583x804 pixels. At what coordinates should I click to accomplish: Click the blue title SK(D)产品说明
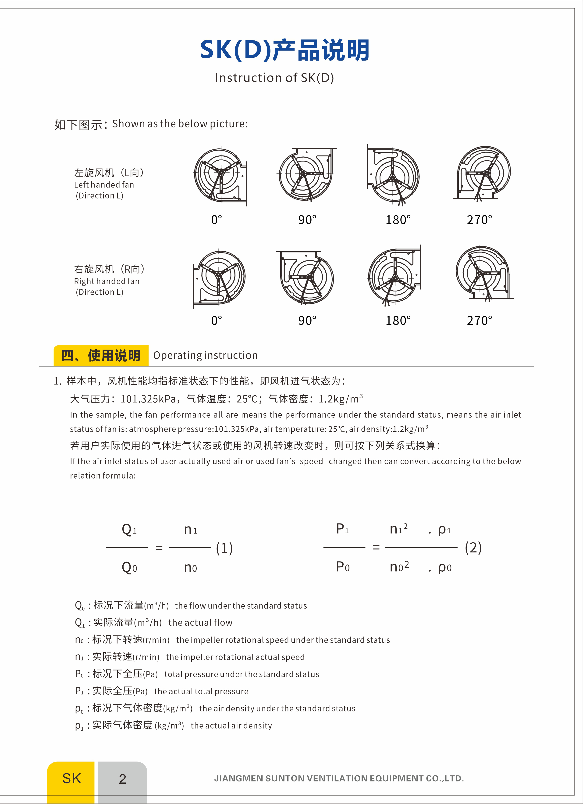point(285,50)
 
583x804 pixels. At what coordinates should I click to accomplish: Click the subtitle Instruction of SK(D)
point(274,78)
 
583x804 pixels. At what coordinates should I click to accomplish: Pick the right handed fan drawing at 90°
point(305,277)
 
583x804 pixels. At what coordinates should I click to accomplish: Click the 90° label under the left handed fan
point(307,220)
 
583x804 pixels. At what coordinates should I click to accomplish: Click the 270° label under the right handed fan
point(479,321)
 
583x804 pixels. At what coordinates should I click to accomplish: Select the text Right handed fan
point(107,281)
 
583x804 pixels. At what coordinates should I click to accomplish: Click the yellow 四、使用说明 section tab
point(101,355)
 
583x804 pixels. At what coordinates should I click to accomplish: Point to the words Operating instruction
point(206,355)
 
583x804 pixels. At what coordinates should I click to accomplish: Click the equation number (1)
point(224,548)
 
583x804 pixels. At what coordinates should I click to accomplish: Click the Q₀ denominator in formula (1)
point(129,568)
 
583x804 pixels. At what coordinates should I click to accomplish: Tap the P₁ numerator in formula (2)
point(342,529)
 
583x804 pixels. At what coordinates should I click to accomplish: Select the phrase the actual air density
point(231,726)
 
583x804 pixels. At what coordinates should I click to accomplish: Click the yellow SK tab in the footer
point(71,779)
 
